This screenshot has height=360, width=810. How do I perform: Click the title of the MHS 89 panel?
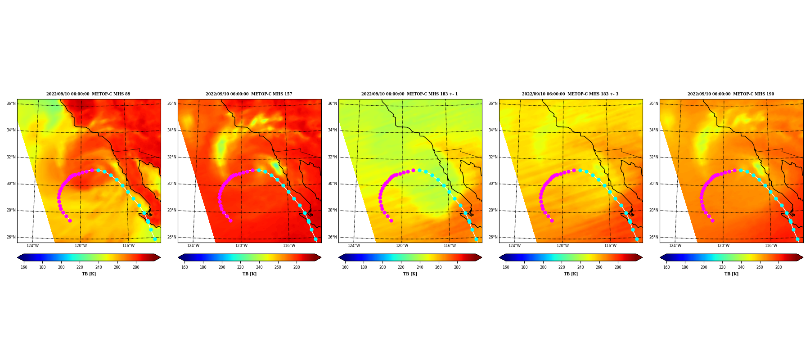[88, 94]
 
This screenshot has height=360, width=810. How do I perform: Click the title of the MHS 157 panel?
[249, 94]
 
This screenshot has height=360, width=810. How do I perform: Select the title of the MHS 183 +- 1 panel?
[409, 94]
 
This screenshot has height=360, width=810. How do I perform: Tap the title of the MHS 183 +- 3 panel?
[570, 94]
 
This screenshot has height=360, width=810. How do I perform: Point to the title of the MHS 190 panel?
[731, 94]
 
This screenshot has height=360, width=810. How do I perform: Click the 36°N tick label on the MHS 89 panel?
[11, 103]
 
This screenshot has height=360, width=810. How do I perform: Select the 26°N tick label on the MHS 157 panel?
[171, 237]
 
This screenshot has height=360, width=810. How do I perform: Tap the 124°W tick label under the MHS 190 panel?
[675, 246]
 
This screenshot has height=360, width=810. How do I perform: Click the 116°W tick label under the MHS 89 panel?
[128, 246]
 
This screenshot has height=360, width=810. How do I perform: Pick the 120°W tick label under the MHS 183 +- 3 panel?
[562, 246]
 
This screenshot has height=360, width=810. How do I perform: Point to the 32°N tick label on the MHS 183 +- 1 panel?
[332, 157]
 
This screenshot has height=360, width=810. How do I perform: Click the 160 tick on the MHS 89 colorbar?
[24, 267]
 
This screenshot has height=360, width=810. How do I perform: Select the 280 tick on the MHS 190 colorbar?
[778, 267]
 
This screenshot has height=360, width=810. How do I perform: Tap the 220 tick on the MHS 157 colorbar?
[240, 267]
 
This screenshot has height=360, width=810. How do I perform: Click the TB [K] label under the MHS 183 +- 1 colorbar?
[410, 274]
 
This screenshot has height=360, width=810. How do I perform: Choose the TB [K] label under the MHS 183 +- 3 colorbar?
[571, 274]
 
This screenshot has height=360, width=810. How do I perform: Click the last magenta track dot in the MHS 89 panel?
[70, 220]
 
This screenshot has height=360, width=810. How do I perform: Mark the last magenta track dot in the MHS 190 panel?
[712, 220]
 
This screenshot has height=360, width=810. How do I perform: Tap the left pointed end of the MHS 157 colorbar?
[178, 257]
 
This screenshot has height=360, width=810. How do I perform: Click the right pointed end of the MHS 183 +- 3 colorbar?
[642, 257]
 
